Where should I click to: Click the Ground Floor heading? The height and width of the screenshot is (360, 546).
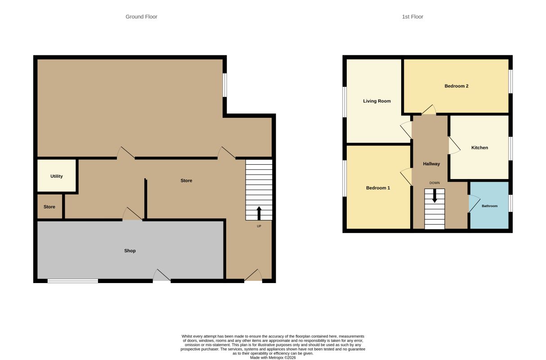click(141, 17)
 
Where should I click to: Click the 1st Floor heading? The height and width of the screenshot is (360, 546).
click(412, 17)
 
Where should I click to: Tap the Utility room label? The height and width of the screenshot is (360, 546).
click(57, 176)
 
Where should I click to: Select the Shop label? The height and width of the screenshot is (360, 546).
click(130, 251)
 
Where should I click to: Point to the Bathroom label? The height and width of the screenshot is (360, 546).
click(490, 206)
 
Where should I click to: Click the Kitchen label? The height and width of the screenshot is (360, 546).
click(480, 148)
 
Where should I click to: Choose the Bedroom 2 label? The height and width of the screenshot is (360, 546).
click(456, 86)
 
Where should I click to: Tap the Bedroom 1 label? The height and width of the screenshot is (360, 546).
click(378, 188)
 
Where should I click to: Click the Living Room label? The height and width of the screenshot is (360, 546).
click(377, 101)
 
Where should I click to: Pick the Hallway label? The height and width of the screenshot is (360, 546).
click(431, 164)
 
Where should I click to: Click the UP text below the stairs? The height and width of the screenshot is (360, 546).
click(259, 226)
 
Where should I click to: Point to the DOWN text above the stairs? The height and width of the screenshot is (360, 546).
click(434, 183)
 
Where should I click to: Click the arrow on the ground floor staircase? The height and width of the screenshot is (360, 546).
click(259, 213)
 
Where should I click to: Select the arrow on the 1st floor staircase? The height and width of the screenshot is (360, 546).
click(434, 196)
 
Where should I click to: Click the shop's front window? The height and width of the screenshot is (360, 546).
click(73, 281)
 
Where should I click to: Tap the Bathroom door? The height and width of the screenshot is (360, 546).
click(474, 204)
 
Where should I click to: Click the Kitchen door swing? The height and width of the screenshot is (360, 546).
click(454, 145)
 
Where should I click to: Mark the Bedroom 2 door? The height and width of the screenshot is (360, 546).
click(429, 110)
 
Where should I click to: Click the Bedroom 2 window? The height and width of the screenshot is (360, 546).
click(510, 81)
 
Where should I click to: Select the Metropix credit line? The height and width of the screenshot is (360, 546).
click(273, 358)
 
